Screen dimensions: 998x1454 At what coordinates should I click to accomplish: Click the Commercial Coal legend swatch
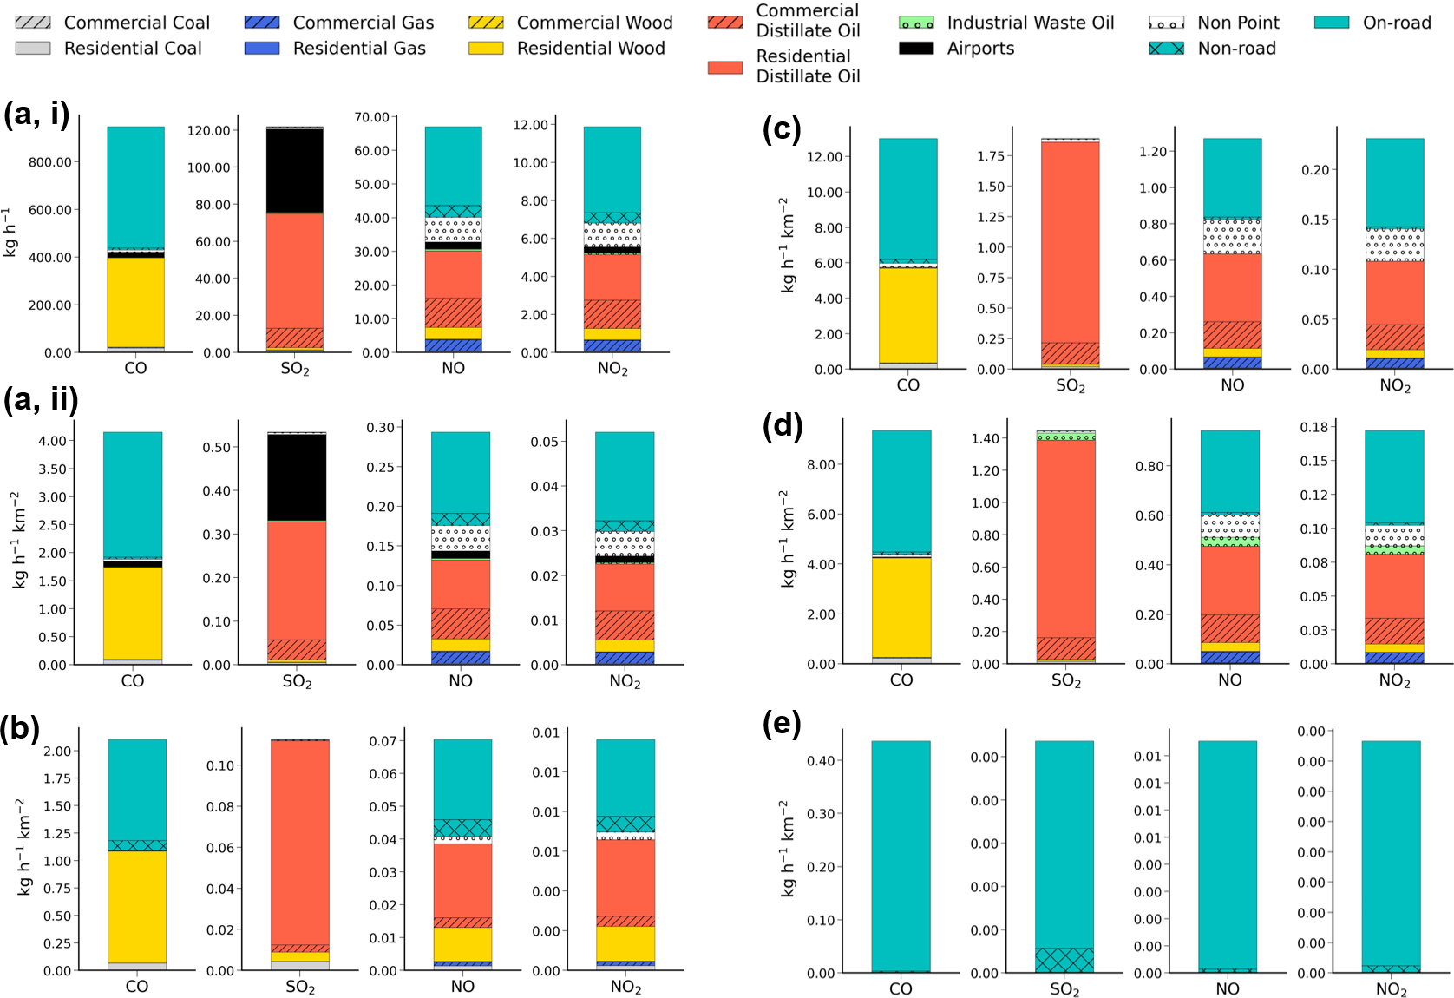33,22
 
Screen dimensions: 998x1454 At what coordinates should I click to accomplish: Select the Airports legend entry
980,49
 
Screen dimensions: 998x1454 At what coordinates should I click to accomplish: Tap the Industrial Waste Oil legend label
1030,23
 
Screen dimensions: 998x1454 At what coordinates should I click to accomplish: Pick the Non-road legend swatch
1166,49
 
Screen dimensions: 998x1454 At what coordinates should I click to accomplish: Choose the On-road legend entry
1397,23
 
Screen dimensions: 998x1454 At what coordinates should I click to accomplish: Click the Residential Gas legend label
359,49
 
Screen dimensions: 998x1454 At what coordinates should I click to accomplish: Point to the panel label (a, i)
36,115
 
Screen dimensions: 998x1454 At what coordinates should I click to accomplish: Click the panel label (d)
782,425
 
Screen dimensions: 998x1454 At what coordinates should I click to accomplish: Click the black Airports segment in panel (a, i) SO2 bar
294,170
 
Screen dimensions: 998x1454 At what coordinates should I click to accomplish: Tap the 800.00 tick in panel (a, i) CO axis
50,162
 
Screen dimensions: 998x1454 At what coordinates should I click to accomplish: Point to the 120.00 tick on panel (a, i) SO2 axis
209,131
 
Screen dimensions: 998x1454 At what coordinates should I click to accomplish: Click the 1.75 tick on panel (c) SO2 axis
991,156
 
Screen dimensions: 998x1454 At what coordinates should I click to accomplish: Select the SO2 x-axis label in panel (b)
300,987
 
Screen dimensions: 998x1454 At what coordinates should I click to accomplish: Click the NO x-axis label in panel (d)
1229,680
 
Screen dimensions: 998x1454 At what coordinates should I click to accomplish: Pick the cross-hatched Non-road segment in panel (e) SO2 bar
1064,960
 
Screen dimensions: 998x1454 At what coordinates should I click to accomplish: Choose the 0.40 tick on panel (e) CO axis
821,761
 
